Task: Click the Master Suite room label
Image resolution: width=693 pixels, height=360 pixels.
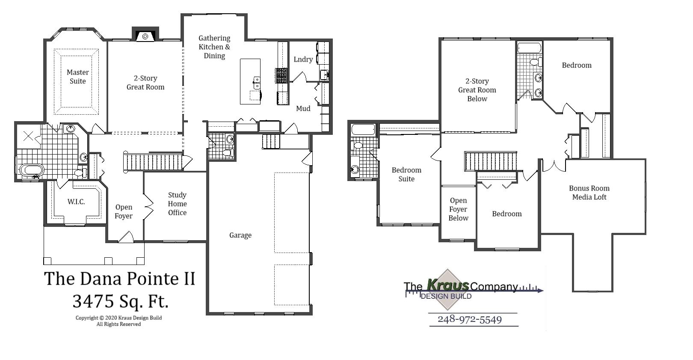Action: point(78,77)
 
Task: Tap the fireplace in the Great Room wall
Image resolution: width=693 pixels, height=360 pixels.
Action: point(145,36)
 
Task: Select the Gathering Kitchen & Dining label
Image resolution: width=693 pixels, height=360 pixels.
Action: point(214,47)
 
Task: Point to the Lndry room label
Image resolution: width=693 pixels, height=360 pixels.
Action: point(303,60)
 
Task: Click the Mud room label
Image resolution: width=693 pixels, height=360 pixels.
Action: point(303,109)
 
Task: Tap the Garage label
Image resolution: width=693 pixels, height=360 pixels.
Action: point(240,235)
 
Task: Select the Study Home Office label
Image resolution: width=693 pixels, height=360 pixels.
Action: point(177,204)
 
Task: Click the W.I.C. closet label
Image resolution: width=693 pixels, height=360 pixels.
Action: point(76,202)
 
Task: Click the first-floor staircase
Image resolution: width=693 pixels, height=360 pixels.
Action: point(153,162)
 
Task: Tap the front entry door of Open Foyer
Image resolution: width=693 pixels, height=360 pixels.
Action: point(126,237)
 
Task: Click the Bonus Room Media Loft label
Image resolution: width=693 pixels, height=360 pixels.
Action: point(589,193)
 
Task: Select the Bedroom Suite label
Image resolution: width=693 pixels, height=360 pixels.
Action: point(406,174)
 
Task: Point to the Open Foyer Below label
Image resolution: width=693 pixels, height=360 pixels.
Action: point(458,209)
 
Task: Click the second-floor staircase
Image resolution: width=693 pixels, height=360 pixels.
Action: point(491,161)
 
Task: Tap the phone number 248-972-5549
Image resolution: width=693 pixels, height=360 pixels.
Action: point(469,319)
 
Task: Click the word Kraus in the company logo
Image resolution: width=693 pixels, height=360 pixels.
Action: point(448,285)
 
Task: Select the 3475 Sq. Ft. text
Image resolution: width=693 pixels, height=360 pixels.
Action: point(120,301)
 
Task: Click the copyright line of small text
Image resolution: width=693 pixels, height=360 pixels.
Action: point(118,318)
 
